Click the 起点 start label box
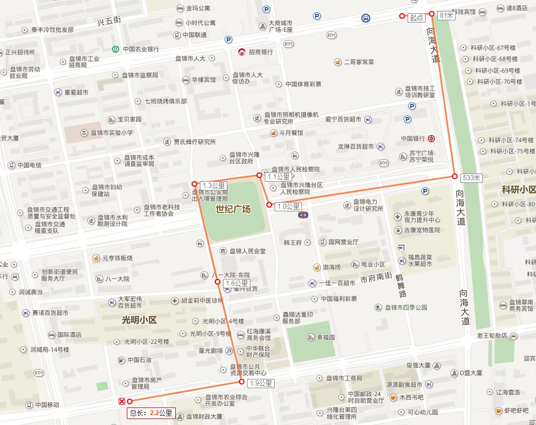[x=417, y=18]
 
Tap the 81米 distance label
[x=447, y=15]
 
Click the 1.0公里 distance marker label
[x=289, y=206]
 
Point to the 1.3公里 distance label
[x=214, y=185]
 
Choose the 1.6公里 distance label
[x=237, y=283]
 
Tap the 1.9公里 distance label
[x=260, y=383]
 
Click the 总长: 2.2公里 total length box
[x=151, y=412]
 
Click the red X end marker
[x=122, y=401]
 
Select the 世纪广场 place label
[x=233, y=209]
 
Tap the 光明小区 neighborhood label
[x=139, y=320]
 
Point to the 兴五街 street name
[x=109, y=21]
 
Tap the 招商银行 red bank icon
[x=242, y=52]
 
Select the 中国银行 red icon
[x=432, y=138]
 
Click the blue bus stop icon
[x=365, y=18]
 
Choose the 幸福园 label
[x=325, y=337]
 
